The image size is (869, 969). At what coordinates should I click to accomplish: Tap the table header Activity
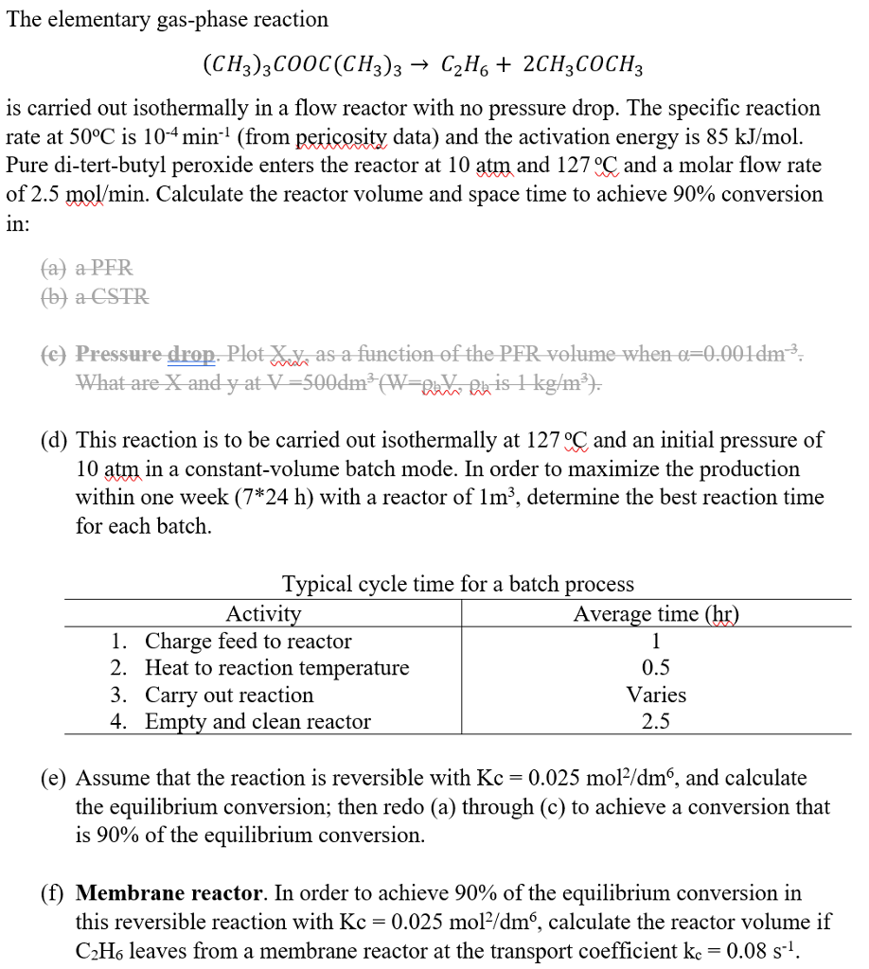pos(263,614)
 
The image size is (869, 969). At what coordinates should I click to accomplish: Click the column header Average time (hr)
pos(656,614)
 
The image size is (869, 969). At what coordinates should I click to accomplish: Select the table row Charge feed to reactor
pos(248,641)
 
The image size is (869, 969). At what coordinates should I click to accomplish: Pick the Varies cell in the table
pos(656,695)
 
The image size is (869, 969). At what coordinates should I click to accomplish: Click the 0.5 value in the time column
pos(656,668)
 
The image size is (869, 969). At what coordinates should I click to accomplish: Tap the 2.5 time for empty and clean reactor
pos(656,721)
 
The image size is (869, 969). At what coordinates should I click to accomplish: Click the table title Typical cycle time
pos(458,585)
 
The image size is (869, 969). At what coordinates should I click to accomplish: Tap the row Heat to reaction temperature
pos(276,668)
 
